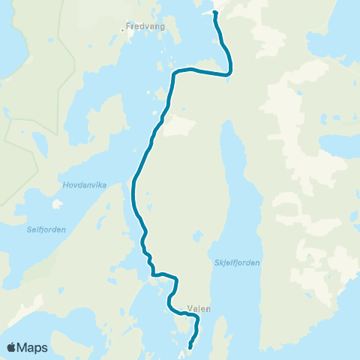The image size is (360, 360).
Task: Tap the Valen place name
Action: click(x=200, y=308)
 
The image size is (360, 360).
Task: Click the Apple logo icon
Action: click(x=11, y=347)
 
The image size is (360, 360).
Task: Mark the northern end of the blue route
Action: click(x=214, y=12)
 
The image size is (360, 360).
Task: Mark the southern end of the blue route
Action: click(x=190, y=346)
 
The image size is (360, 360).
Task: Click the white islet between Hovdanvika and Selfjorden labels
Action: click(x=56, y=203)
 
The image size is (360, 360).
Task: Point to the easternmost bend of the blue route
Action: click(x=229, y=72)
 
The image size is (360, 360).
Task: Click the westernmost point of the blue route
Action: click(x=133, y=184)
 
